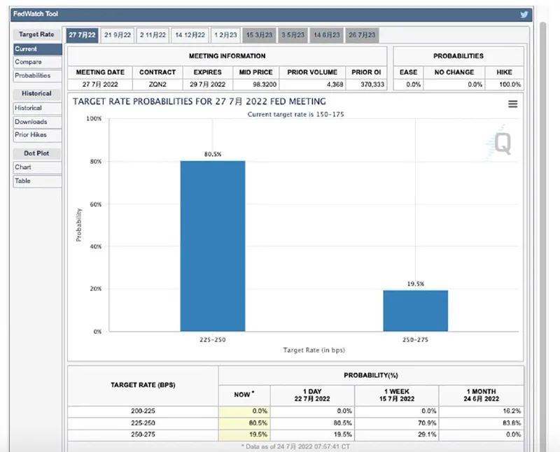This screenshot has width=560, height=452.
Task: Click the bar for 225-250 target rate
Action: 213,246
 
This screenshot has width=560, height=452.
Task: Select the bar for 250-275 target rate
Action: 415,311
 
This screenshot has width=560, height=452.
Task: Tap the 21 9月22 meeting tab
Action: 118,35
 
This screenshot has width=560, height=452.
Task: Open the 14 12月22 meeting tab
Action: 190,35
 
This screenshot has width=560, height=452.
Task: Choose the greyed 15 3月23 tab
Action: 259,35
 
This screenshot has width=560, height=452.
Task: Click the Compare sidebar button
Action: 37,62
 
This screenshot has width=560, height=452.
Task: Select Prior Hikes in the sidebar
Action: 37,135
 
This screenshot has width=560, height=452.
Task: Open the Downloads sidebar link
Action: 37,122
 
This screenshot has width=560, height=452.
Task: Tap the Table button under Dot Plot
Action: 37,181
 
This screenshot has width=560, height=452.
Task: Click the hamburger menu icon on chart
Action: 513,104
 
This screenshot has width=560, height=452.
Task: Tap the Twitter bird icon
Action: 524,15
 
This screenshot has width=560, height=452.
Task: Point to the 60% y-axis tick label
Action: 96,204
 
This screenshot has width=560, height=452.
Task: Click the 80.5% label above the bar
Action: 213,154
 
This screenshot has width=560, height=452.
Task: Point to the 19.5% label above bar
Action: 416,284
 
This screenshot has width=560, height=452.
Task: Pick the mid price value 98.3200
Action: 265,85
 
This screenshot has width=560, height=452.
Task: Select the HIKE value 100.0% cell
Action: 510,85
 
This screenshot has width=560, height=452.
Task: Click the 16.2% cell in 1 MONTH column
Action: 512,411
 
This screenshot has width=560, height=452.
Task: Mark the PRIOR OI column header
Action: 366,72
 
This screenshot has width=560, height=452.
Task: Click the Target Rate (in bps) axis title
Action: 314,351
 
